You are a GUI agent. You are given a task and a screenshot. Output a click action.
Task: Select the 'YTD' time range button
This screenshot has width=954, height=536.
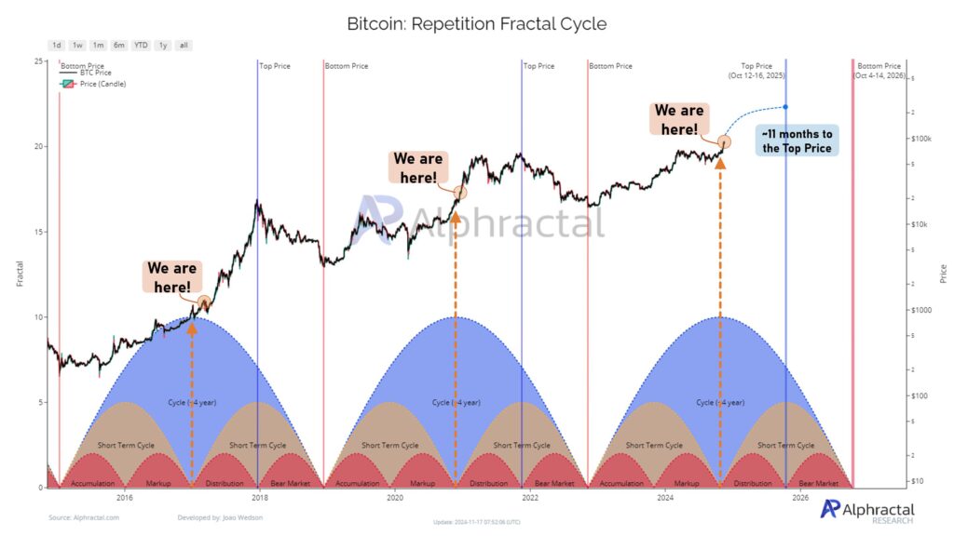[141, 45]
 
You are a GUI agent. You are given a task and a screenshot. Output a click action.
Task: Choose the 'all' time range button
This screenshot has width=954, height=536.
[184, 45]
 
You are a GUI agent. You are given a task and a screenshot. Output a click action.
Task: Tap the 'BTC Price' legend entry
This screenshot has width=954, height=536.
[94, 74]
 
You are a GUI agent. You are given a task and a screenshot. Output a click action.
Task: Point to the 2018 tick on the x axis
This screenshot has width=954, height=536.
[258, 498]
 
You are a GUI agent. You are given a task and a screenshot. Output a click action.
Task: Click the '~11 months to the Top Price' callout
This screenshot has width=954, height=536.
[798, 140]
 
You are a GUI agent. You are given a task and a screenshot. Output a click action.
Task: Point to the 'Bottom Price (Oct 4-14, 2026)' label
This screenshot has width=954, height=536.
[879, 71]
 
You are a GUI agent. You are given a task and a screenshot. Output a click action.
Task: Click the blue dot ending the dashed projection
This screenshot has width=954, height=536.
[785, 108]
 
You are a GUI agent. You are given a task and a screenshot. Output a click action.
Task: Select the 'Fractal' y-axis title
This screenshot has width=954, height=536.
[20, 272]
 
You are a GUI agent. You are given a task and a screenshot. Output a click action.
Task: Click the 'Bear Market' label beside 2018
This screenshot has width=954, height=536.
[291, 484]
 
